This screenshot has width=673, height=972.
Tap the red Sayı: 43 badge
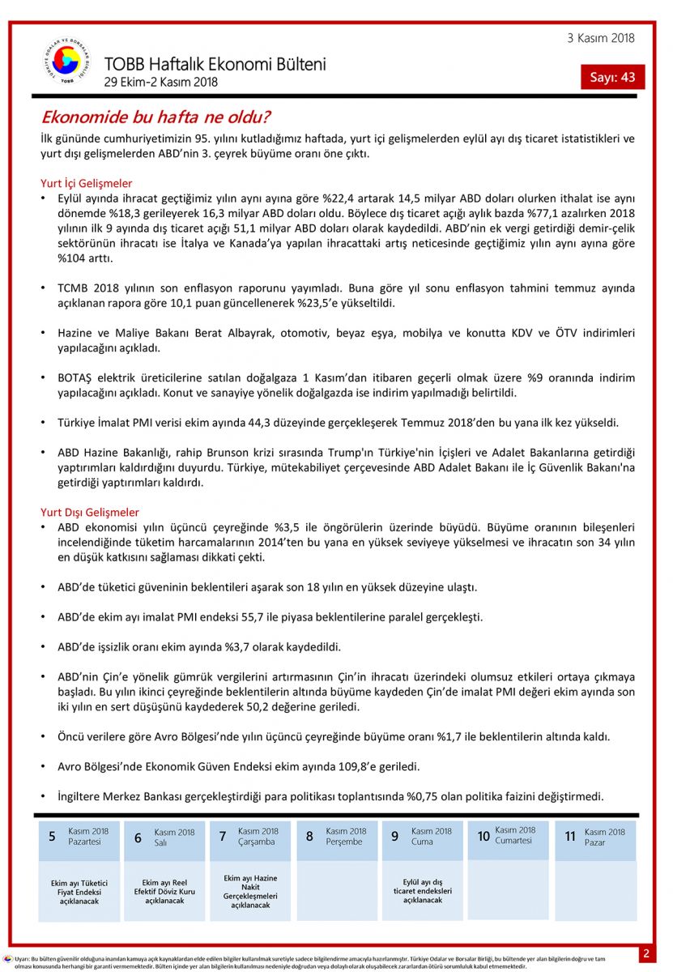pos(612,77)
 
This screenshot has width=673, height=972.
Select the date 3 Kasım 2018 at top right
pos(601,38)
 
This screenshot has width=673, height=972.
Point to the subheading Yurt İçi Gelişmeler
pos(87,183)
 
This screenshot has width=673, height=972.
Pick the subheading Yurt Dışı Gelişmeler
pos(90,512)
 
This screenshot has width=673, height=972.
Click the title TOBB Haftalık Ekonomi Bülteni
pos(215,64)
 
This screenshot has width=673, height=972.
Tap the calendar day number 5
pos(52,837)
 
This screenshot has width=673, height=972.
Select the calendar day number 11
pos(570,837)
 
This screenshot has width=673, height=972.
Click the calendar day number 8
pos(309,837)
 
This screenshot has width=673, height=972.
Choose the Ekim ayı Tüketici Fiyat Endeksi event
pos(79,892)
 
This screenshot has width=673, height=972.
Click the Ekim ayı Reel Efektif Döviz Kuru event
pos(164,891)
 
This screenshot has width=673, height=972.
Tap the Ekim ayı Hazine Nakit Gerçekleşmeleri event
pos(250,891)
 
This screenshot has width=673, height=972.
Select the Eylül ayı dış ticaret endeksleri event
pos(422,891)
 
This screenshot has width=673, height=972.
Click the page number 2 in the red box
pos(645,953)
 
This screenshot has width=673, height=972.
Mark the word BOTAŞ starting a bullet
pos(76,378)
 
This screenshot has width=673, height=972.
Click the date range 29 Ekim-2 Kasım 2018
pos(161,82)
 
